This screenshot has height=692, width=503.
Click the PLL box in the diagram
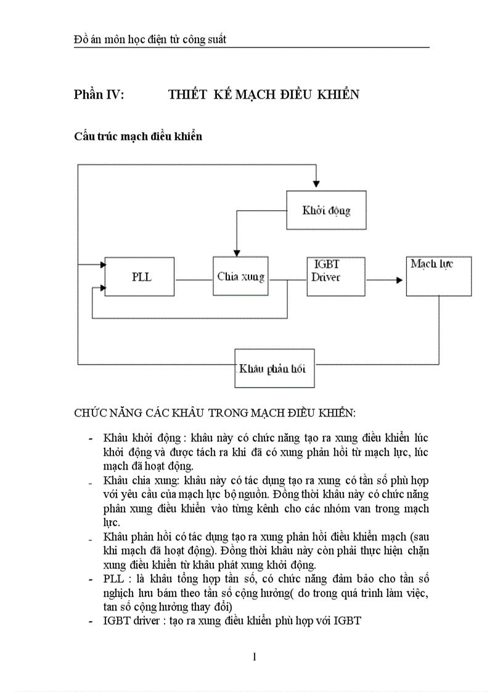[141, 277]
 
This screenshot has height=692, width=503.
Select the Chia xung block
[241, 277]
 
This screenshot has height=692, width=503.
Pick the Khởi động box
[326, 210]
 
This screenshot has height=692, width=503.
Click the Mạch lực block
[438, 276]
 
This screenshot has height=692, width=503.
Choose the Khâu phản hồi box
[274, 368]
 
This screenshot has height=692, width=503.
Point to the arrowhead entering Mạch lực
[401, 279]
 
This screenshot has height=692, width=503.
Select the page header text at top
[150, 39]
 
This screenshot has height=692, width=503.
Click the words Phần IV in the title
[99, 94]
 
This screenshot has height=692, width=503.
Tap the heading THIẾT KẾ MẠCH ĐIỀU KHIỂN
[263, 94]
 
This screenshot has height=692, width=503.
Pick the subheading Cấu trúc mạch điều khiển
[137, 136]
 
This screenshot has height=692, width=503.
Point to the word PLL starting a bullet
[114, 579]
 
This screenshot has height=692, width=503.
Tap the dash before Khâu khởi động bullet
[91, 439]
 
